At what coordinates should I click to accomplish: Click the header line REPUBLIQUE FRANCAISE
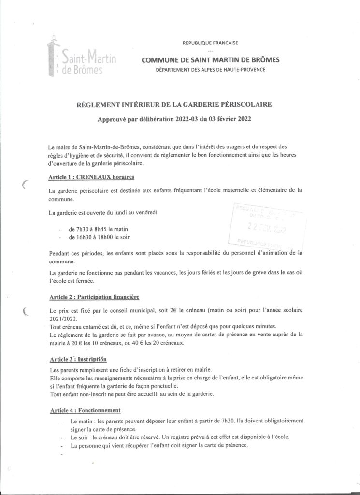click(x=210, y=43)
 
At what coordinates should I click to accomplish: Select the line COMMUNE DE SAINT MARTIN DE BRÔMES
click(x=210, y=60)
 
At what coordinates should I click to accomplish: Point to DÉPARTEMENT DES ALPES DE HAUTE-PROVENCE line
click(x=210, y=70)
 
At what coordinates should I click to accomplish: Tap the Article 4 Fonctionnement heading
click(x=85, y=410)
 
